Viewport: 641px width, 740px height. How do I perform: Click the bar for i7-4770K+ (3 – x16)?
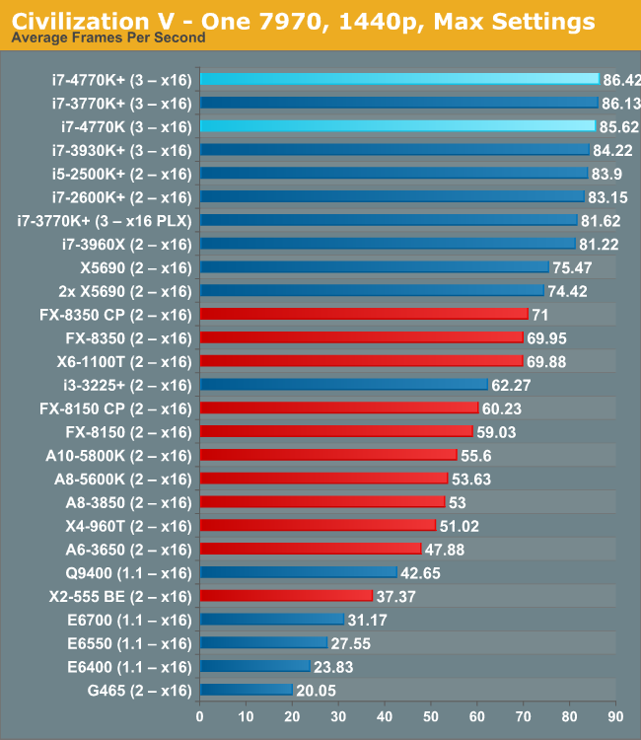398,78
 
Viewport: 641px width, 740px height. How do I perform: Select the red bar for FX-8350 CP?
364,314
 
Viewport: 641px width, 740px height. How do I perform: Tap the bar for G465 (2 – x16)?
247,690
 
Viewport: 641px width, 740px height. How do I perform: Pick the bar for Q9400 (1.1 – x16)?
298,572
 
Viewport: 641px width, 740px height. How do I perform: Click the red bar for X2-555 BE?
286,595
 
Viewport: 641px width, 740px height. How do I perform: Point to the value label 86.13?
621,102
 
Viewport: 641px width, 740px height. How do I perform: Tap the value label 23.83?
334,666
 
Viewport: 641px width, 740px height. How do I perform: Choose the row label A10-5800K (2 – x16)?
118,455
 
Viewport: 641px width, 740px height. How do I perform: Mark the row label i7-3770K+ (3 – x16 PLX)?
104,219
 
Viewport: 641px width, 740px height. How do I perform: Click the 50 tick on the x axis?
431,717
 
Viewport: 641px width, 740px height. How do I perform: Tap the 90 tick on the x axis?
615,717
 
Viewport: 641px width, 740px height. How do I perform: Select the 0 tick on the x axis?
200,717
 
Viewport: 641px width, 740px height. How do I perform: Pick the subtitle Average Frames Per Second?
108,37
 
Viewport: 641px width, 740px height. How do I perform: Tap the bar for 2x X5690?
371,290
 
